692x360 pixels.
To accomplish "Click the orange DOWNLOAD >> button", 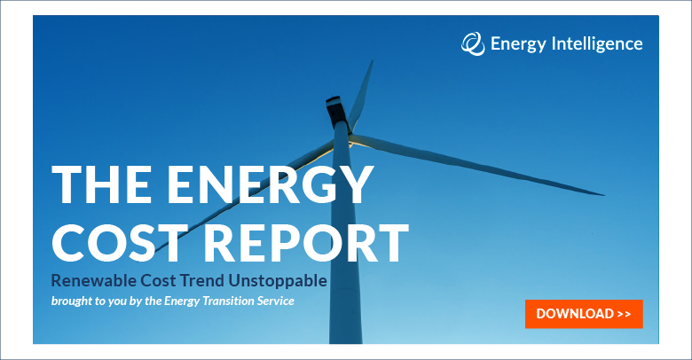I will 583,314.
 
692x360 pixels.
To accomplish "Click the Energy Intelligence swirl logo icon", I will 473,43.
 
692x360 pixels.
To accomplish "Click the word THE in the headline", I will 92,185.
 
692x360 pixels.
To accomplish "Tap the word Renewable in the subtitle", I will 90,281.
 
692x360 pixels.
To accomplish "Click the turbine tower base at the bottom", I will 345,333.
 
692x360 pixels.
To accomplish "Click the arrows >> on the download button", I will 623,314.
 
